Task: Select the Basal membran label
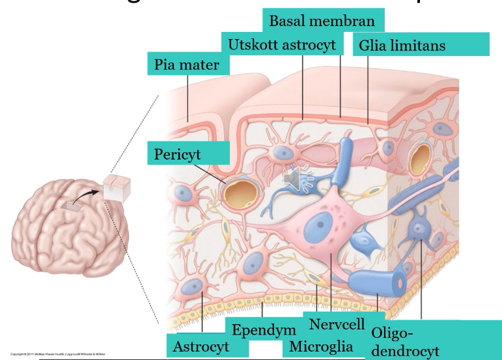322,21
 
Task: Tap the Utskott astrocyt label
282,44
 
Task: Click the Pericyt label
178,154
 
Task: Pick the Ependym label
264,330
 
